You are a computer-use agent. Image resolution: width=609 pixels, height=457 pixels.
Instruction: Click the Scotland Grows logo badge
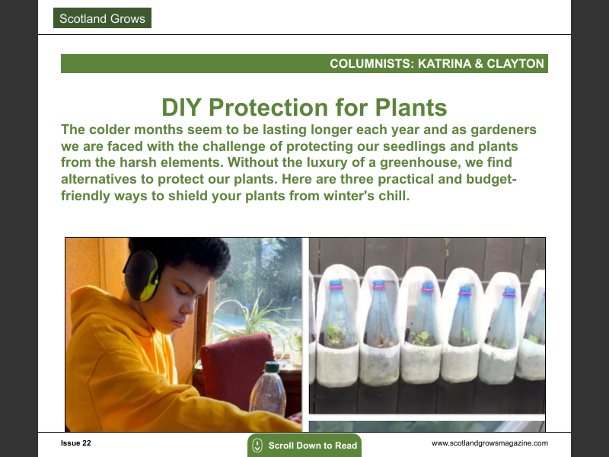(x=102, y=18)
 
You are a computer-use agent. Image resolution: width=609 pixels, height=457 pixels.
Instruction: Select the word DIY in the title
(x=183, y=107)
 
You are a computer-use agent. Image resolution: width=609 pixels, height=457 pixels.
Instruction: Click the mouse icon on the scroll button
(x=257, y=446)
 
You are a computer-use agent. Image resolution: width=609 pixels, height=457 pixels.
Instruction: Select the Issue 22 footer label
(x=76, y=443)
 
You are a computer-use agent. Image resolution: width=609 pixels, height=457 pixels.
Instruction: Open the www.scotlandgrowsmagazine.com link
(x=489, y=443)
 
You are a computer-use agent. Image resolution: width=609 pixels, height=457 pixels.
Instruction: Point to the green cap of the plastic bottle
(x=271, y=368)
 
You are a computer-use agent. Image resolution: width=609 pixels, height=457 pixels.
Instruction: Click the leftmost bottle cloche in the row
(x=336, y=328)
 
